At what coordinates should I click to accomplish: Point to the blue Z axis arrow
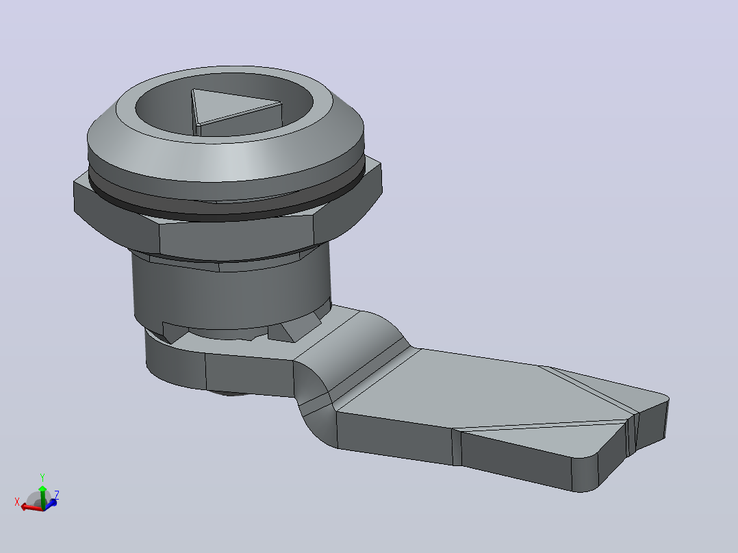[x=51, y=503]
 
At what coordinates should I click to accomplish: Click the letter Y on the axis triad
[x=42, y=478]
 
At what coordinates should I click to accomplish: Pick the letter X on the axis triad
[x=17, y=502]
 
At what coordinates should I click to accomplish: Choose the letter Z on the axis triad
[x=56, y=495]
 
